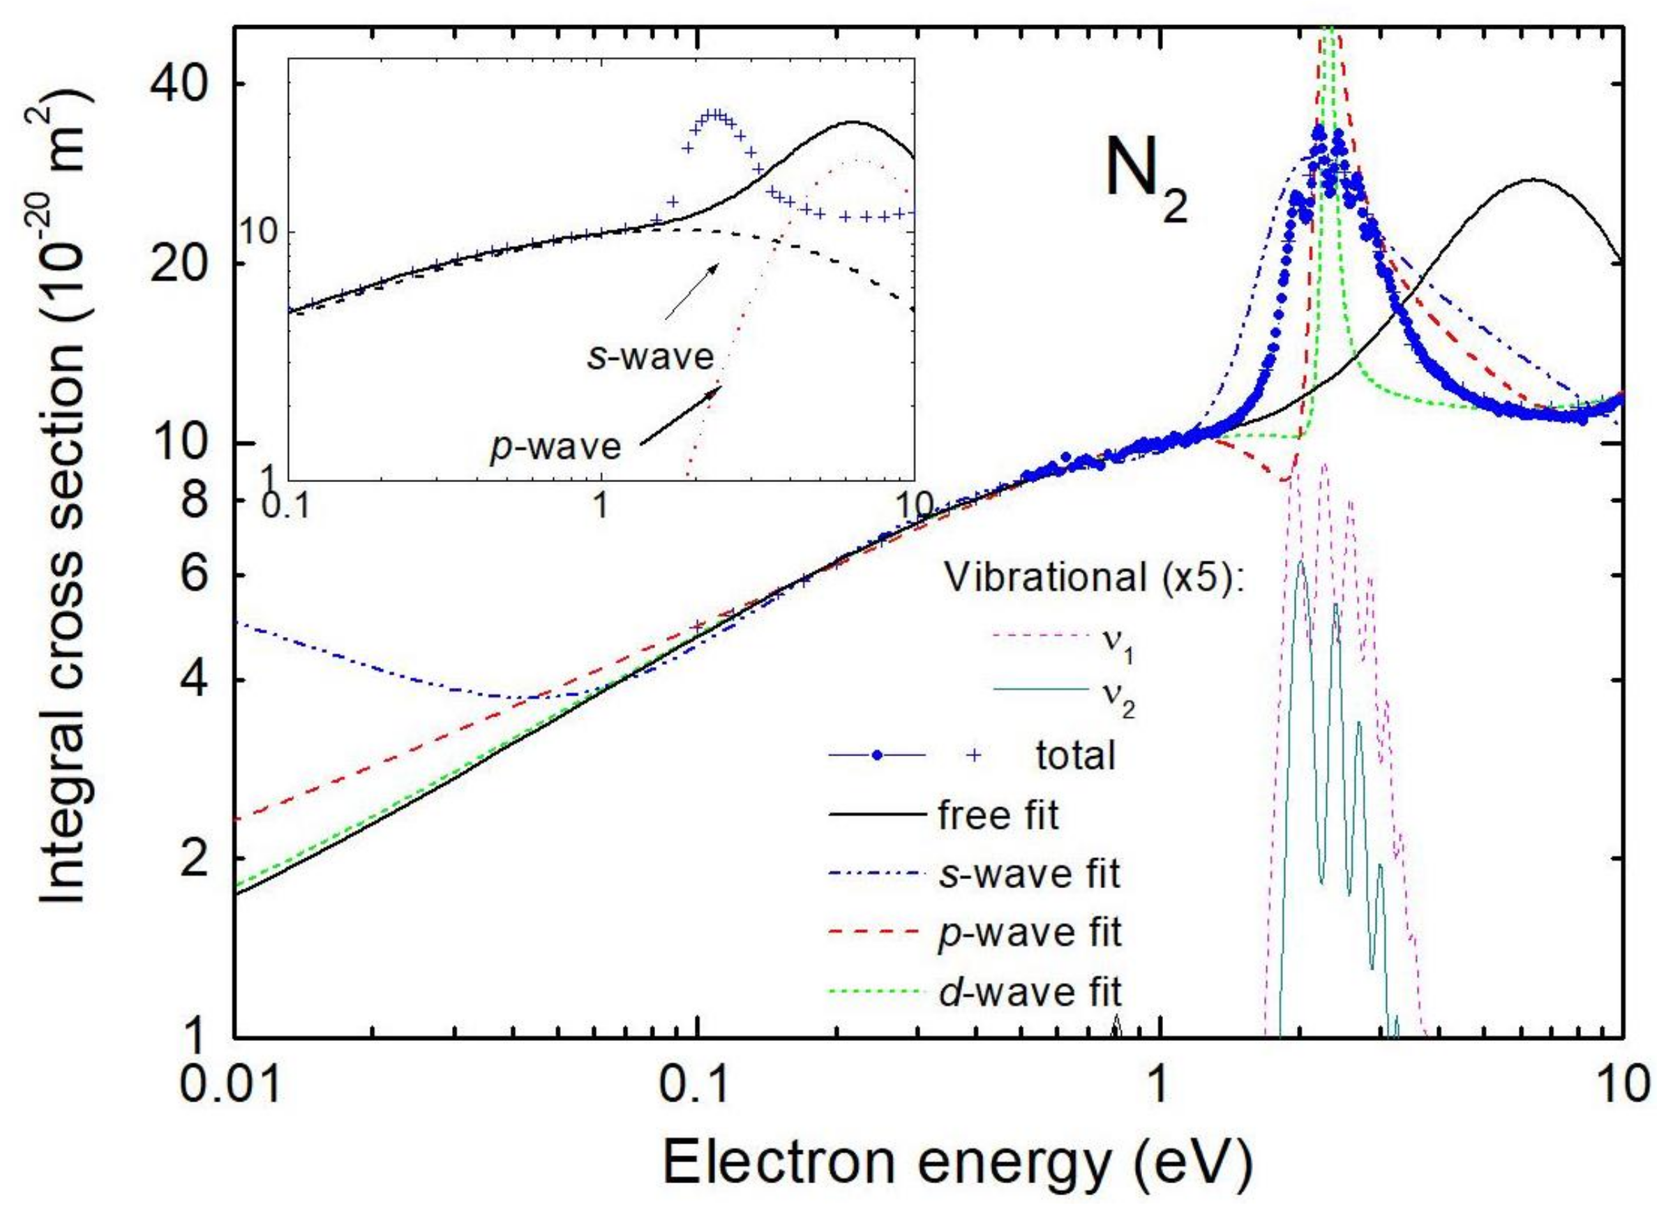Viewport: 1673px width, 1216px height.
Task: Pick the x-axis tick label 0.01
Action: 234,1086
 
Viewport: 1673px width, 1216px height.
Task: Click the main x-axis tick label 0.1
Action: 696,1086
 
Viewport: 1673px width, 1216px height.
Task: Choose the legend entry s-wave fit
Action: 1028,875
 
